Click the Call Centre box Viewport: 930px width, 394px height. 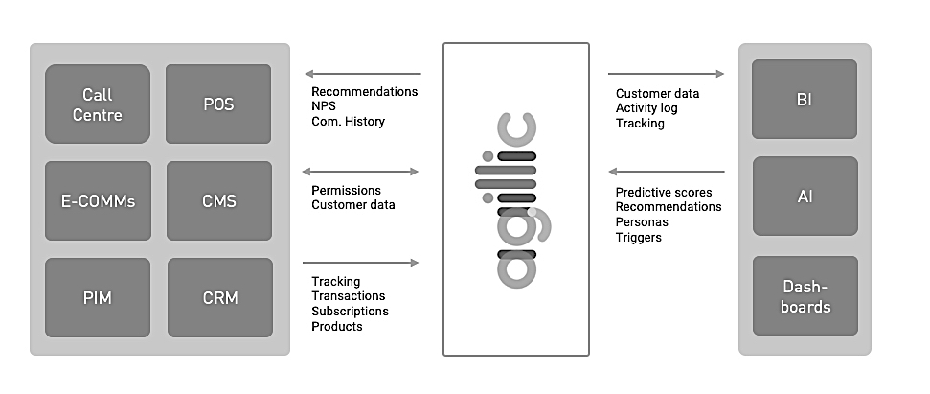[98, 104]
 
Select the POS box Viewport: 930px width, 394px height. [218, 104]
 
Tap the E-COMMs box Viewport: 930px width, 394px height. [98, 201]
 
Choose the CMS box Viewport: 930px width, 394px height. [218, 201]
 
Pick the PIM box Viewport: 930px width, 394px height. [98, 297]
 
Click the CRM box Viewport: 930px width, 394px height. [219, 297]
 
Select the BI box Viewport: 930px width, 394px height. [805, 99]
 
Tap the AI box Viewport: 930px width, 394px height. [805, 197]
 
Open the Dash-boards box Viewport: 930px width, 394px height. [805, 296]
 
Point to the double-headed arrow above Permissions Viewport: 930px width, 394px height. [361, 172]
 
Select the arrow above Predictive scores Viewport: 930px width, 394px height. [667, 172]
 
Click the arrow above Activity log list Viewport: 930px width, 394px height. [666, 73]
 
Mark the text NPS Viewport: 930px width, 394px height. [324, 107]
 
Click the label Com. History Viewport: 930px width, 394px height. [349, 123]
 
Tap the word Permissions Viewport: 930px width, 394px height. [346, 190]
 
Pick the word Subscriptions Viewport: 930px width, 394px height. [350, 312]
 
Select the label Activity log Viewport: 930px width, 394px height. [646, 108]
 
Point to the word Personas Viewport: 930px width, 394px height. [642, 221]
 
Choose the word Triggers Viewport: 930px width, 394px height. [638, 237]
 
